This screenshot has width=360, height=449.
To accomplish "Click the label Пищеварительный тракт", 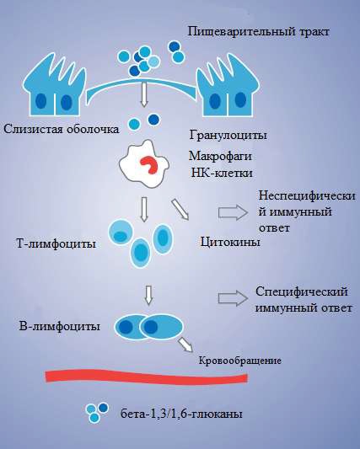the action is (x=259, y=32).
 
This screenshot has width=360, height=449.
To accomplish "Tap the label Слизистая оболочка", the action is (x=61, y=129).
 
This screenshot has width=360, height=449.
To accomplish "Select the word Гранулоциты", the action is (x=228, y=135).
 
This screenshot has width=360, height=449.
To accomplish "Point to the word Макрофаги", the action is (x=220, y=157).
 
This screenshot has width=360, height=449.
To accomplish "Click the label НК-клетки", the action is (x=222, y=173).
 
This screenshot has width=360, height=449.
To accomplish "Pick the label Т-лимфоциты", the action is (x=56, y=244).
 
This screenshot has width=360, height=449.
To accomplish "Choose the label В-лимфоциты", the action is (x=60, y=327).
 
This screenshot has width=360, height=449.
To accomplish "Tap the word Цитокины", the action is (x=230, y=243).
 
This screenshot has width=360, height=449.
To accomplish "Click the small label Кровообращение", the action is (x=240, y=361).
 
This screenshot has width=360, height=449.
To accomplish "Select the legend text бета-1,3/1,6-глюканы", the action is (x=181, y=414).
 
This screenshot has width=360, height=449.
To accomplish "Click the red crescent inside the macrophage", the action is (x=149, y=165).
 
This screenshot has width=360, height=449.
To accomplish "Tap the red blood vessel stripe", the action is (x=147, y=377).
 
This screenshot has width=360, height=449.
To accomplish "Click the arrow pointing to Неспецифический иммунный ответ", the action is (x=233, y=212).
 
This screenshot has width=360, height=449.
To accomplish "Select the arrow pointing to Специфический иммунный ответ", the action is (x=233, y=298).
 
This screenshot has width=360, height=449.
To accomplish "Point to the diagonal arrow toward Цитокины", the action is (x=180, y=209).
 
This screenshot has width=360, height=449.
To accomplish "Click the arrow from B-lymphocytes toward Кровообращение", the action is (x=185, y=345).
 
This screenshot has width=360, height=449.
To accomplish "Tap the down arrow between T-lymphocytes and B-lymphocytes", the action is (x=148, y=296).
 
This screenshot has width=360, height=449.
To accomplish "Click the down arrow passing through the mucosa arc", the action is (x=144, y=94).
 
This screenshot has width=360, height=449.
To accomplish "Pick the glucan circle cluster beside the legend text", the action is (x=97, y=412).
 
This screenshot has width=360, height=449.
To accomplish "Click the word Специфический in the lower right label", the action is (x=302, y=291).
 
